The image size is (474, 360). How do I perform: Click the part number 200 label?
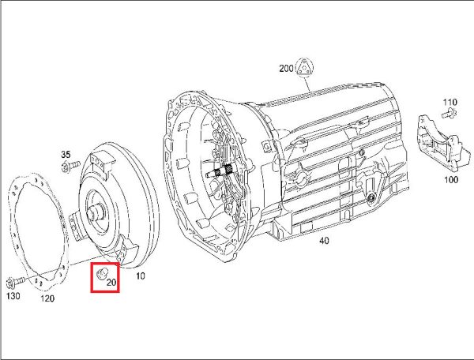[286, 68]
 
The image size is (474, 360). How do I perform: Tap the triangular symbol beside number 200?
[304, 67]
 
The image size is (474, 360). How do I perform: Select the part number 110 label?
[450, 102]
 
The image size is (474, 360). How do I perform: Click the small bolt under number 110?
[449, 113]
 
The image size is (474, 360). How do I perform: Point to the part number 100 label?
[451, 179]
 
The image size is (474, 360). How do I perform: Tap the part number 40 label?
[324, 241]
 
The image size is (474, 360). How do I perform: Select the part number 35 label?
[66, 155]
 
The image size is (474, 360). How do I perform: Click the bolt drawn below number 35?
[70, 167]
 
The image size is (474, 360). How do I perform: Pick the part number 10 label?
[141, 276]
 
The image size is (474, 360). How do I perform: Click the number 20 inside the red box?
[111, 283]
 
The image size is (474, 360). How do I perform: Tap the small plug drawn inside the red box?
[100, 273]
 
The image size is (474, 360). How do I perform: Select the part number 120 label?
[47, 298]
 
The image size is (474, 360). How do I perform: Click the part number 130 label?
[13, 296]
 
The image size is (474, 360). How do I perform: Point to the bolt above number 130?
[15, 283]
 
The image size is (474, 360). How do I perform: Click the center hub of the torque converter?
[96, 212]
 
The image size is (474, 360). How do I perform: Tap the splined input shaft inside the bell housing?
[221, 172]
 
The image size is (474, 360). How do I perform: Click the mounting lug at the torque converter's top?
[102, 163]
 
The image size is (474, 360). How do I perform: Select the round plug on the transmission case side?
[371, 198]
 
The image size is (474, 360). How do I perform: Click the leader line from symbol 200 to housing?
[307, 84]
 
